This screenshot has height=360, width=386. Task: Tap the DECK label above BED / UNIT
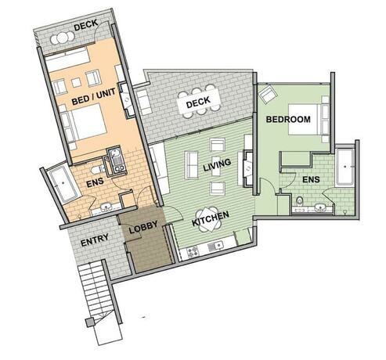(85, 25)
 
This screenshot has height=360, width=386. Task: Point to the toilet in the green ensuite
(300, 203)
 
